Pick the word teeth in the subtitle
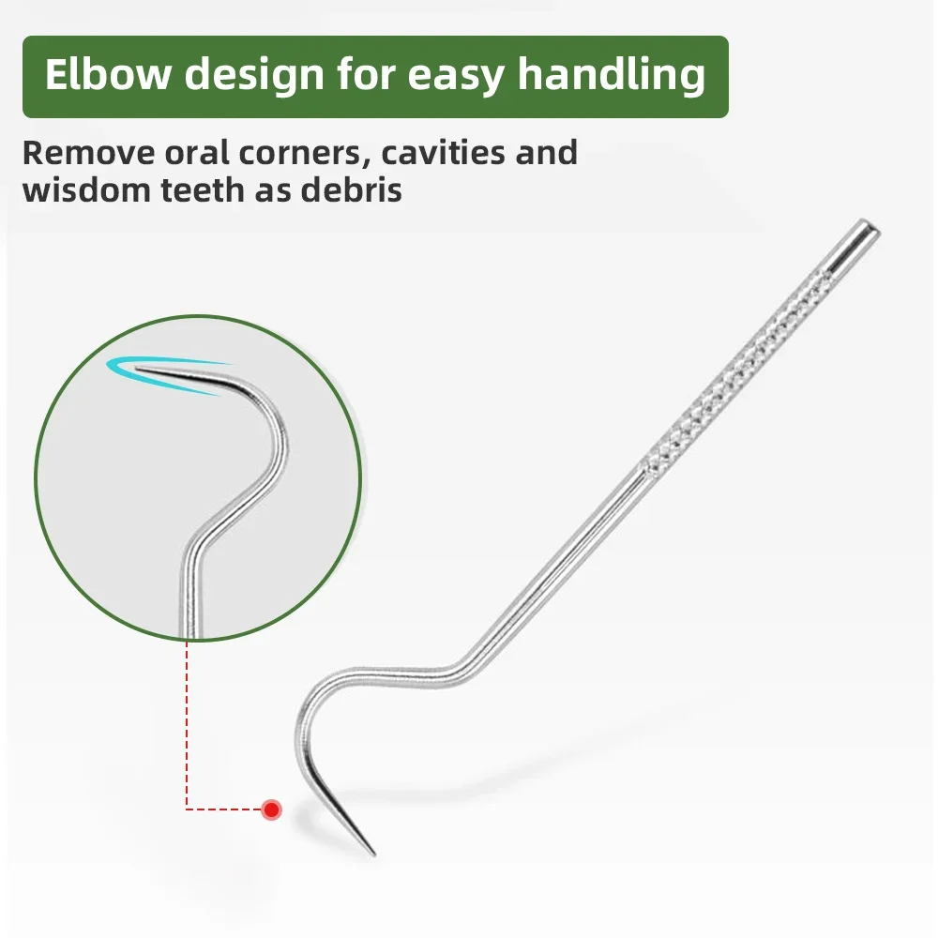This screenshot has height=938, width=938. click(x=199, y=189)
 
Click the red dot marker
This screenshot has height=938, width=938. click(x=271, y=809)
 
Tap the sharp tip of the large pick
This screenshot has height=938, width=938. click(x=372, y=853)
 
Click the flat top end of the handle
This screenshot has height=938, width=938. click(x=871, y=228)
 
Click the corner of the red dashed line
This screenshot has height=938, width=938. click(x=188, y=809)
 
